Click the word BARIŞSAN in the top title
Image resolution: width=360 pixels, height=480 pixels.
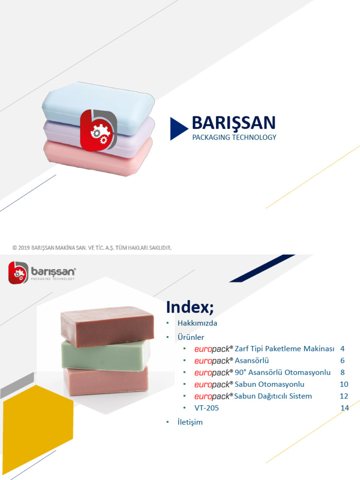[x=233, y=123]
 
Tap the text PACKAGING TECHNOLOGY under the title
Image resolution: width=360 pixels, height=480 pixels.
[x=234, y=137]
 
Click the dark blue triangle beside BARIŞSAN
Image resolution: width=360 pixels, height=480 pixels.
[x=178, y=129]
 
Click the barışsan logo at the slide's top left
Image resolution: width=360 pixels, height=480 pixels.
[x=42, y=272]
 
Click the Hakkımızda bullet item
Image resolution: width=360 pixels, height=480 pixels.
[x=197, y=323]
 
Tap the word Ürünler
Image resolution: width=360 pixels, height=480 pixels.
[x=191, y=337]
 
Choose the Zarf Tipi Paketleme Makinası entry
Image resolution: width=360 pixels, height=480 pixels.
[x=284, y=349]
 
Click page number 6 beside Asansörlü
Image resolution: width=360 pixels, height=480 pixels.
[x=343, y=360]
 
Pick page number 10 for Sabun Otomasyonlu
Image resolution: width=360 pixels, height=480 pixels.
[x=344, y=384]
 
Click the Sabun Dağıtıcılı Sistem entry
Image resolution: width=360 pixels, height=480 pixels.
[x=273, y=396]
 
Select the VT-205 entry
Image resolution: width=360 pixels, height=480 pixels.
[x=207, y=408]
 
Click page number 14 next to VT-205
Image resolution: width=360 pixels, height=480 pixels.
[x=345, y=408]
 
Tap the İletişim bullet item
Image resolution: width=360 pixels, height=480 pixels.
[x=190, y=422]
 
